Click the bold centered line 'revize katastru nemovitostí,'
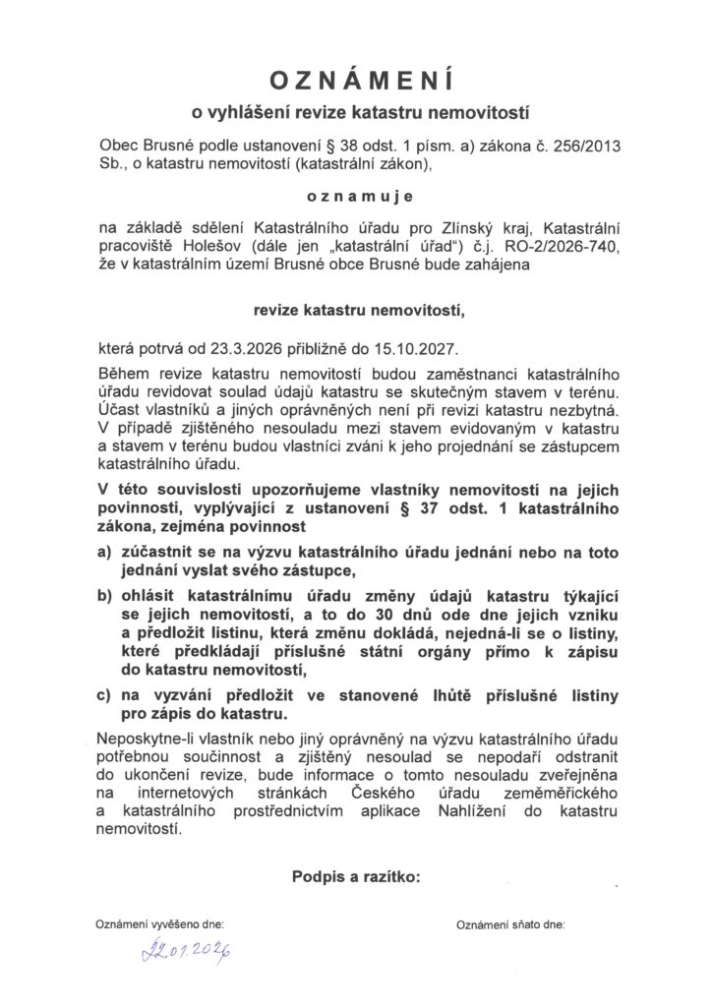(x=355, y=312)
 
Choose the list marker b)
(x=104, y=596)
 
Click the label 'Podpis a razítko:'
(x=355, y=874)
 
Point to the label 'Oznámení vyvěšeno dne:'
(x=159, y=925)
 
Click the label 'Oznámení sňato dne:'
(x=510, y=925)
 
